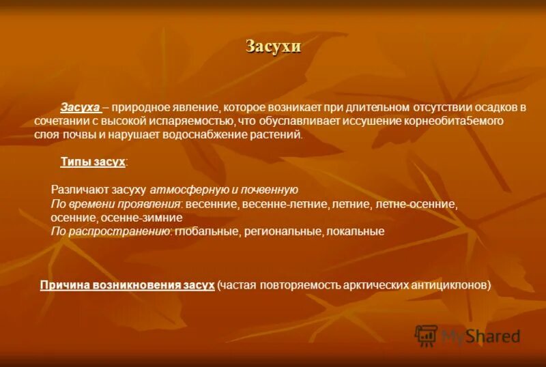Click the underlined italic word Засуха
(x=81, y=108)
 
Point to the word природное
(x=140, y=108)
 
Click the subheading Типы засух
(x=93, y=162)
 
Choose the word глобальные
(x=205, y=231)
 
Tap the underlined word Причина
(x=63, y=284)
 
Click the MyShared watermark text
(x=480, y=336)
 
